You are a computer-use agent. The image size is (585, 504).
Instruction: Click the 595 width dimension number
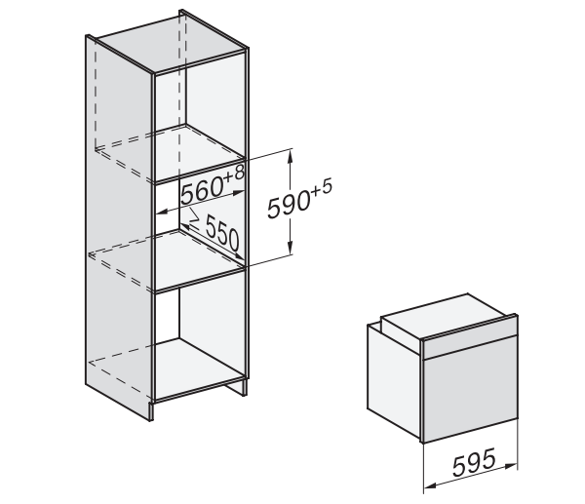tap(474, 462)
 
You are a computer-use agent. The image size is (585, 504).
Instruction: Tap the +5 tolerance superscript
tap(321, 187)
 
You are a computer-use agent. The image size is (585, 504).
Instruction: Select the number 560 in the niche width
tap(202, 191)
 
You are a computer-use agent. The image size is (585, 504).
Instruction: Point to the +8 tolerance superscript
tap(234, 174)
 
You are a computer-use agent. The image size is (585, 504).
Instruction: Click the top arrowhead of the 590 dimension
tap(290, 156)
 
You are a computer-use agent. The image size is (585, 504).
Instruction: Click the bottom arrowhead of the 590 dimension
tap(290, 248)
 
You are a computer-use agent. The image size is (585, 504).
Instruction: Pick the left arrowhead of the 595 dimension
tap(430, 485)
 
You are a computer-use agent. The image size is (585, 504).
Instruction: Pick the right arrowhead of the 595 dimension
tap(511, 466)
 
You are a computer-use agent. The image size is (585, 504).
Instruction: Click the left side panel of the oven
tap(394, 378)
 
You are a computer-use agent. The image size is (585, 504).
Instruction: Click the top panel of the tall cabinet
tap(170, 43)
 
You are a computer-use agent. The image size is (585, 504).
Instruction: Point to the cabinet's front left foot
tap(151, 411)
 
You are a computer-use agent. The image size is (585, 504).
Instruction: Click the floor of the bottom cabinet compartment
tap(198, 368)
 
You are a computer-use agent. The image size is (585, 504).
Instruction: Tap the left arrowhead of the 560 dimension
tap(162, 212)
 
